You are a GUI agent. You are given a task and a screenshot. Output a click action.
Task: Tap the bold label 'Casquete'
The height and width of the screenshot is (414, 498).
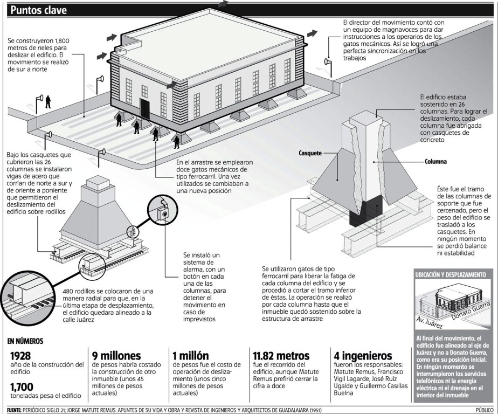pyautogui.click(x=310, y=153)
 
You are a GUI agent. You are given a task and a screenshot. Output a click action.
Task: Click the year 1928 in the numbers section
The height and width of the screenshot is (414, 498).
pyautogui.click(x=20, y=356)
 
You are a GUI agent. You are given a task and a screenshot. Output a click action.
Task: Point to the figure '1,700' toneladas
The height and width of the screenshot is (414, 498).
pyautogui.click(x=22, y=386)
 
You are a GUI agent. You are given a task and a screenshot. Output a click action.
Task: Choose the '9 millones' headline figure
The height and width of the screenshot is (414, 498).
pyautogui.click(x=117, y=356)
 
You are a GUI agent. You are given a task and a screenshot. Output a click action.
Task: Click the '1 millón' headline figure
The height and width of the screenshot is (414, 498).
pyautogui.click(x=190, y=356)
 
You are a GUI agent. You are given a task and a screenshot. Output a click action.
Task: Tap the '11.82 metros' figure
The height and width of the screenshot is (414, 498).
pyautogui.click(x=281, y=356)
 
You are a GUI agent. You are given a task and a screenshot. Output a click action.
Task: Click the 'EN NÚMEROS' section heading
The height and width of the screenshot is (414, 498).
pyautogui.click(x=25, y=341)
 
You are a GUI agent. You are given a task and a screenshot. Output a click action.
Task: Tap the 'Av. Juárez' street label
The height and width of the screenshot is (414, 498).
pyautogui.click(x=430, y=322)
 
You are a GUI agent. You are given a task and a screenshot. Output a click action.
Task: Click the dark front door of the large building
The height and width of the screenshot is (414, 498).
pyautogui.click(x=145, y=107)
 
